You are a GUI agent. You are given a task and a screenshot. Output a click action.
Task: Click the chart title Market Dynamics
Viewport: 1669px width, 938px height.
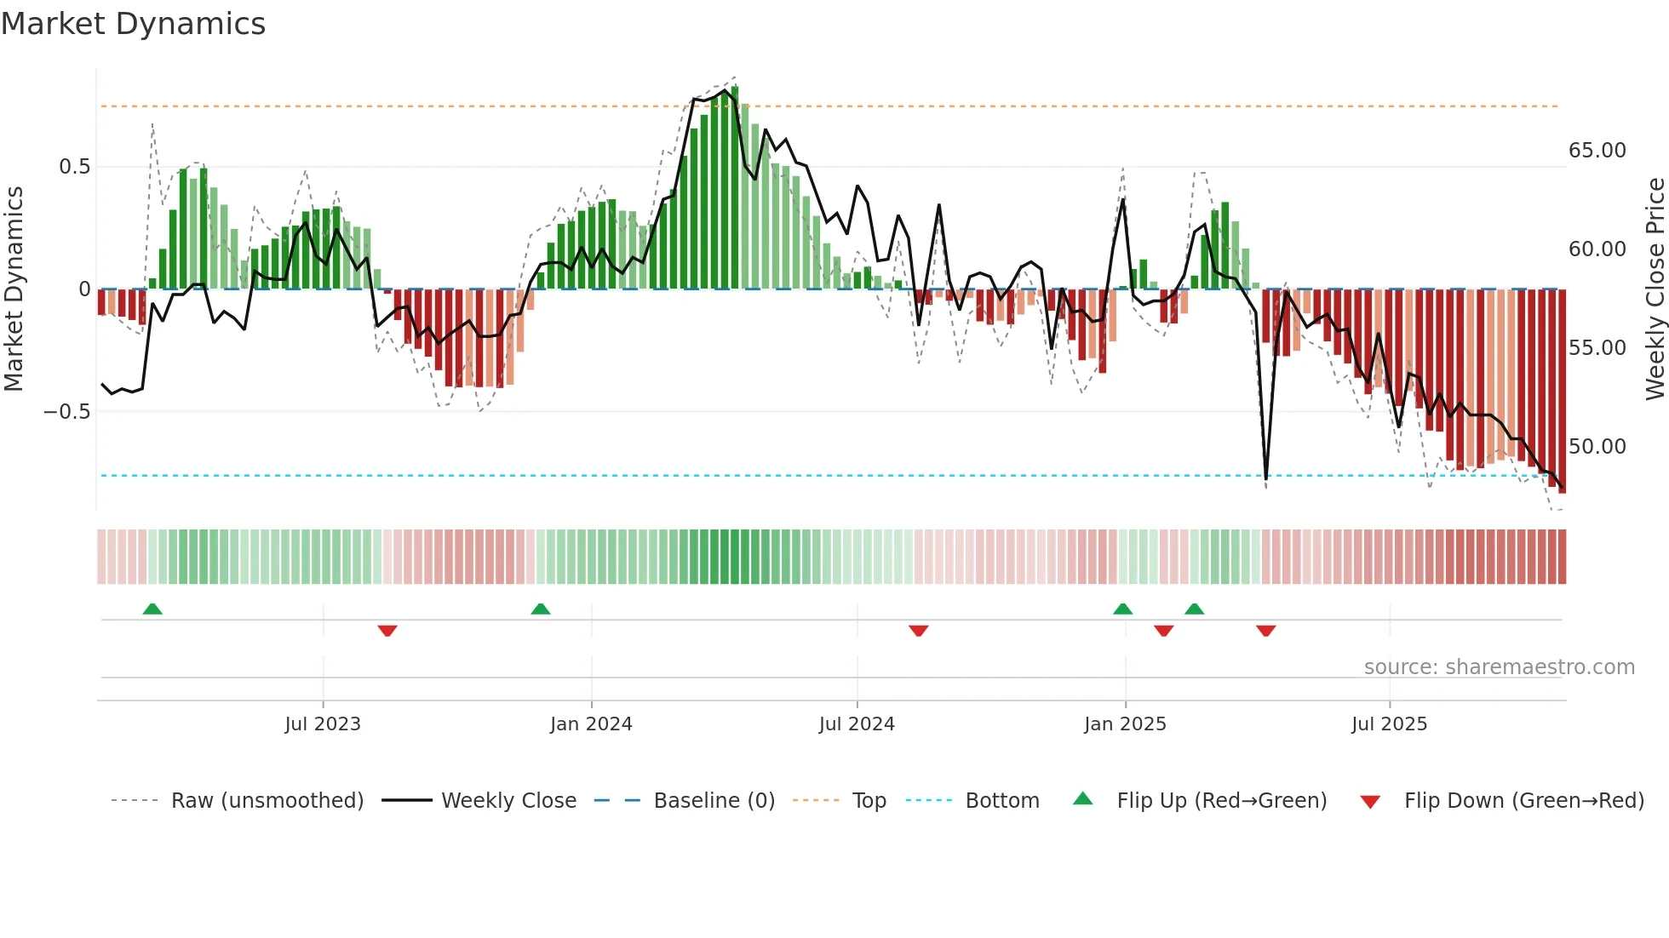tap(133, 24)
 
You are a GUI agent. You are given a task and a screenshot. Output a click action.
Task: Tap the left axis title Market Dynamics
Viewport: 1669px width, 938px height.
tap(14, 289)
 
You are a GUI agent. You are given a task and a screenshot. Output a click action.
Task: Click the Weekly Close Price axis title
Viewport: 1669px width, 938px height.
tap(1655, 289)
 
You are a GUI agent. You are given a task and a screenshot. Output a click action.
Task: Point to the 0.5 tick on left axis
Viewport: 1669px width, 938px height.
tap(74, 167)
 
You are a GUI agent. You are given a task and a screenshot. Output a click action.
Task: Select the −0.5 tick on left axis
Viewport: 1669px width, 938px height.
tap(67, 412)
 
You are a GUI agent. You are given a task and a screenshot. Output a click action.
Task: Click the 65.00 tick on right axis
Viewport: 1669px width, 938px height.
tap(1597, 151)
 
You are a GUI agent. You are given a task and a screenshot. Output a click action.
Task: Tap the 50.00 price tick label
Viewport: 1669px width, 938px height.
tap(1597, 447)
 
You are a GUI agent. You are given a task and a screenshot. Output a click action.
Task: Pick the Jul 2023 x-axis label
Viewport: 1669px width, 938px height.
tap(323, 724)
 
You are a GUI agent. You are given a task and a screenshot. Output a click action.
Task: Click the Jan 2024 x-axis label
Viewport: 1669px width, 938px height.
tap(591, 724)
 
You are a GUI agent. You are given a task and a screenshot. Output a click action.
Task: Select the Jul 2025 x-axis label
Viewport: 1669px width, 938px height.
tap(1389, 724)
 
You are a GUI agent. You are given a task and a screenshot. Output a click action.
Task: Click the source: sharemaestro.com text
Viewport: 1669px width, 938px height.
tap(1499, 667)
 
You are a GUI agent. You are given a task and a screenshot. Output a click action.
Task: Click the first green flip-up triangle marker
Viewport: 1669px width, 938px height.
tap(152, 609)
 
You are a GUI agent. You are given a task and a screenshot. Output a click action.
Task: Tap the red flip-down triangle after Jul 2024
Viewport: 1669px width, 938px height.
tap(918, 631)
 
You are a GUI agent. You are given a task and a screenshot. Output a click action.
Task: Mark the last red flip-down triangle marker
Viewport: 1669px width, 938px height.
tap(1265, 631)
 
